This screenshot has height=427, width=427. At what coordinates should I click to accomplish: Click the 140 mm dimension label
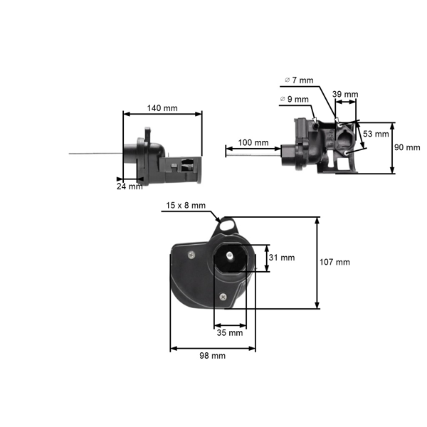coord(162,108)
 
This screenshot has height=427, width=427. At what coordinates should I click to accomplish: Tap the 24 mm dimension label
coord(130,186)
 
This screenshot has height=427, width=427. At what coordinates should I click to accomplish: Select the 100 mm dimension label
coord(253,142)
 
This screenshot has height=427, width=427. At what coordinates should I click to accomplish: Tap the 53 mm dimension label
coord(376,133)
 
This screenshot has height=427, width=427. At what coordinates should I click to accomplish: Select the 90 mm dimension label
coord(408,147)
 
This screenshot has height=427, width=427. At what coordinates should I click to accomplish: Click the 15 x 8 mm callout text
coord(186,206)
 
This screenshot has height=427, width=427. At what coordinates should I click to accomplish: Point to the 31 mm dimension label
coord(282,258)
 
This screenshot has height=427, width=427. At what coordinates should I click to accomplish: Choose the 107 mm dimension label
coord(334,262)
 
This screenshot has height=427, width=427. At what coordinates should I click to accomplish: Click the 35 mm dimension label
coord(230,332)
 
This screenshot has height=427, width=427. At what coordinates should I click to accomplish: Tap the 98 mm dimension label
coord(212,355)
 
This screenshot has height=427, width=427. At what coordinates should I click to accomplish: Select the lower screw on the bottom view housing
coord(224,297)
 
